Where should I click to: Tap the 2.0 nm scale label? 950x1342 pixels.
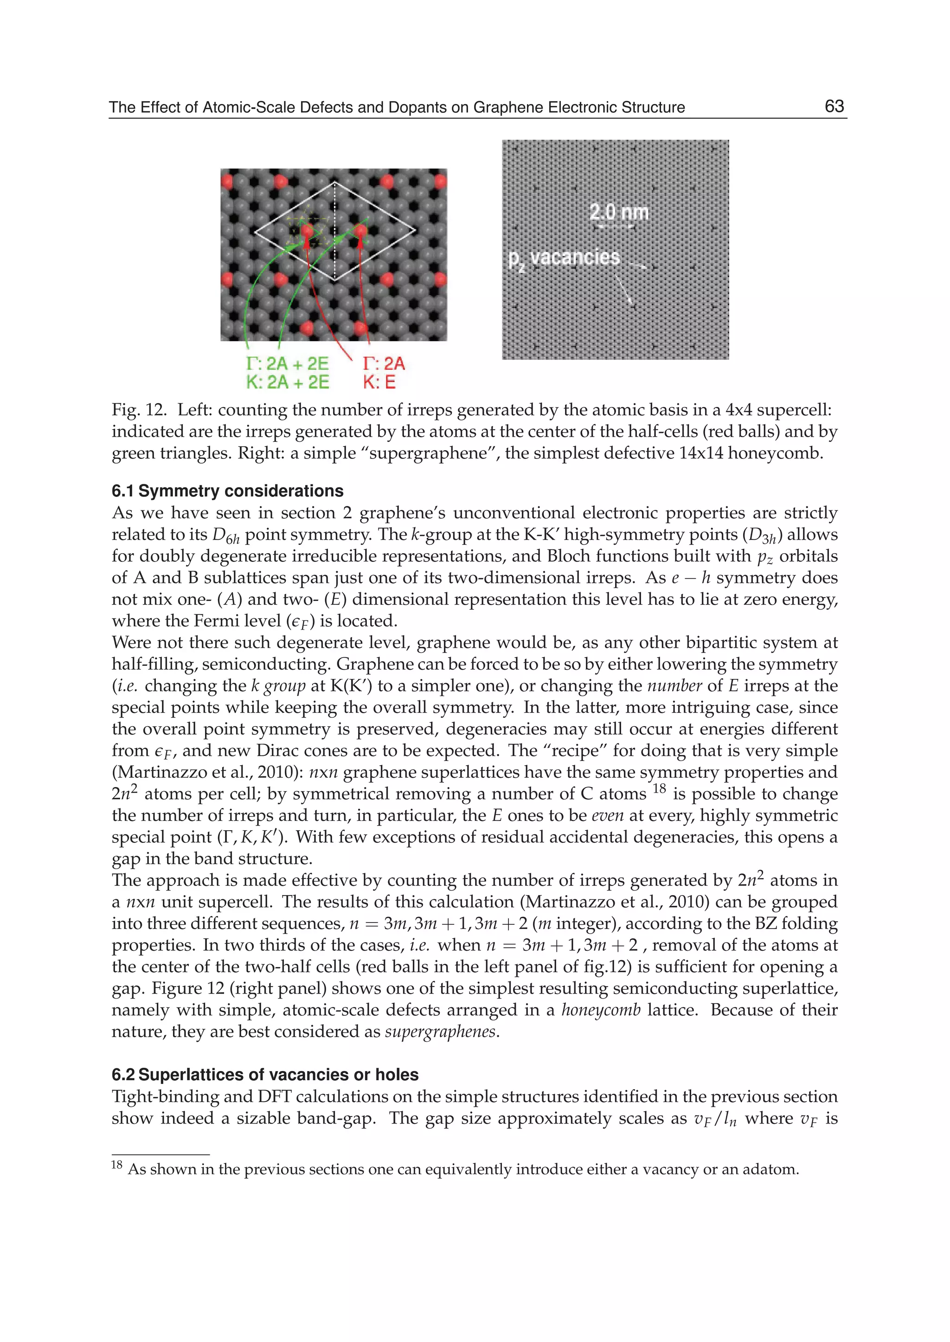[619, 212]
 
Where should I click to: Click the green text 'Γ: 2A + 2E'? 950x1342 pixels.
[287, 363]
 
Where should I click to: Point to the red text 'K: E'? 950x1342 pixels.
[379, 383]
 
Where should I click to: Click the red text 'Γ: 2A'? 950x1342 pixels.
[384, 363]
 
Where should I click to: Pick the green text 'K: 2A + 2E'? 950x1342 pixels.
[287, 383]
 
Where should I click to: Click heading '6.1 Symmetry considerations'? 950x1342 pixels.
[228, 490]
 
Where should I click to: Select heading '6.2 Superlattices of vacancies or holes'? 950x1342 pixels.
[265, 1075]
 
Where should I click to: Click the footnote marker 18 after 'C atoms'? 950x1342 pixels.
[659, 788]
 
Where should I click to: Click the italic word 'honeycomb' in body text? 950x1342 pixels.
[601, 1010]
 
